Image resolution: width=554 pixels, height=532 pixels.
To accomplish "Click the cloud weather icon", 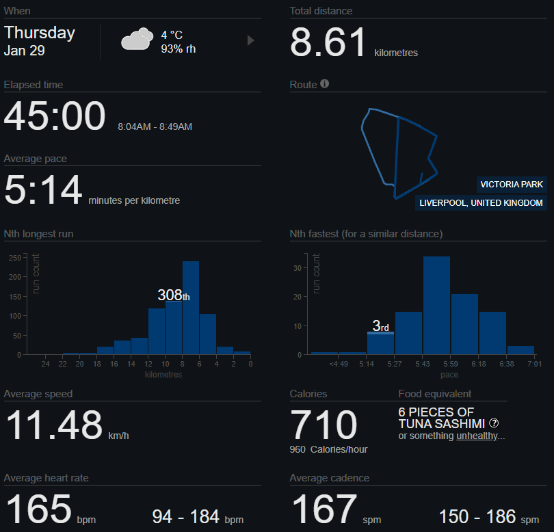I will [137, 40].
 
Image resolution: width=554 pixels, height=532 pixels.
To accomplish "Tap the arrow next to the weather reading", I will [250, 41].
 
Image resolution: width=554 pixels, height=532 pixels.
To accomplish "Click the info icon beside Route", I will [325, 84].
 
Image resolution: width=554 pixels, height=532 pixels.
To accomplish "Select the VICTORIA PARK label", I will [512, 185].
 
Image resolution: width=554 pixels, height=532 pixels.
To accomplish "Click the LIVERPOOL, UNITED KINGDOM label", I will [482, 203].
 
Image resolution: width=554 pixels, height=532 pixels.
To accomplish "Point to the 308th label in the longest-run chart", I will [174, 295].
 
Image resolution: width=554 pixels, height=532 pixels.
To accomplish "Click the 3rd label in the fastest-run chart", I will [380, 326].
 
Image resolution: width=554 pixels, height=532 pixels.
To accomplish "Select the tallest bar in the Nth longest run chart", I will [191, 308].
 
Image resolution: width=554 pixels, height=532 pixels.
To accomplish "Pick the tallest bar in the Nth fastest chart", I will [436, 305].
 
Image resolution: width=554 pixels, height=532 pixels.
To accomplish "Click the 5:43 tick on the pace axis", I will [423, 364].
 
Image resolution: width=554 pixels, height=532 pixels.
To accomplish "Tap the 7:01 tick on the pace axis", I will [534, 364].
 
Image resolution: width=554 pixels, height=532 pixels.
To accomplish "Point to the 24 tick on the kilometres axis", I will [46, 364].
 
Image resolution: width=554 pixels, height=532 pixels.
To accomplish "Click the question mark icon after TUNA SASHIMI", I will [494, 423].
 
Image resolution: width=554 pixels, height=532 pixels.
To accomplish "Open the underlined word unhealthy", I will [477, 436].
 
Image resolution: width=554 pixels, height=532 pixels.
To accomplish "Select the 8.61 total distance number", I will [329, 42].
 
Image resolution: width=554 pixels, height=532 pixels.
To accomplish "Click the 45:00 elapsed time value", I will [55, 116].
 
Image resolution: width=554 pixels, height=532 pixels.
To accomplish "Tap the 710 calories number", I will [324, 425].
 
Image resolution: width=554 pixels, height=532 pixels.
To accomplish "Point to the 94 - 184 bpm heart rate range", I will [197, 517].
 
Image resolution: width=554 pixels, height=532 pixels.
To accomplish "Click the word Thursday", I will [40, 33].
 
